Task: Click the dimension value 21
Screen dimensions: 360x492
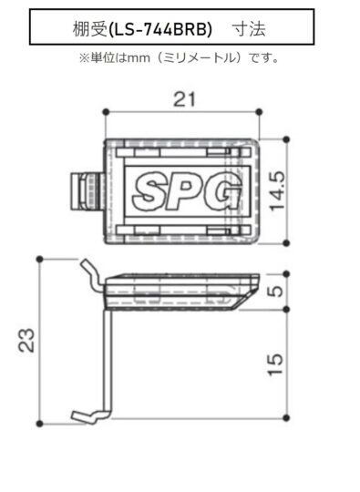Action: [x=184, y=99]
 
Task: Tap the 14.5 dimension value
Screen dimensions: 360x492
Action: [x=277, y=190]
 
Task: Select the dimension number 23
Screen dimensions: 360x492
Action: [x=26, y=340]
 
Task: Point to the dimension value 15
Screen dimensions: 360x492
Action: [x=275, y=364]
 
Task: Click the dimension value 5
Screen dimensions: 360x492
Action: [x=276, y=292]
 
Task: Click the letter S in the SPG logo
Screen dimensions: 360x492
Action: [x=150, y=190]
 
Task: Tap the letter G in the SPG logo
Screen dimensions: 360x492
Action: [x=223, y=190]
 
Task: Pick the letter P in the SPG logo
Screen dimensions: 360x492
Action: [x=186, y=190]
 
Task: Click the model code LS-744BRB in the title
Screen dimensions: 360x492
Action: [x=160, y=30]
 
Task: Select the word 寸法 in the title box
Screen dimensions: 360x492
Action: [x=249, y=30]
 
